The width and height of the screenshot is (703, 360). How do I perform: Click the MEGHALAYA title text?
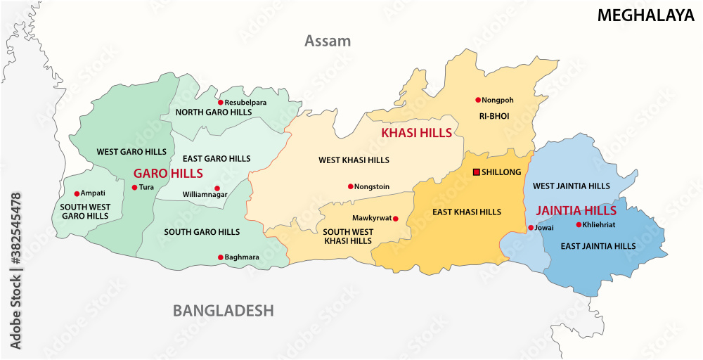tap(645, 15)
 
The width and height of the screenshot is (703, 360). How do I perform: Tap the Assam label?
tap(327, 41)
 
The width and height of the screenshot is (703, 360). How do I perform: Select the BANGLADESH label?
tap(224, 310)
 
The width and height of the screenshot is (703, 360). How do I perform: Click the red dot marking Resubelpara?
tap(220, 103)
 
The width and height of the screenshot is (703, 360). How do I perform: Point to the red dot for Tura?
tap(134, 187)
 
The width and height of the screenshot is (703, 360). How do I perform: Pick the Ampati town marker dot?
tap(77, 193)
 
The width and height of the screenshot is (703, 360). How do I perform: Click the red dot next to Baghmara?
tap(220, 257)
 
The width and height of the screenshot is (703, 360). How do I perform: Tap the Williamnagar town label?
tap(205, 194)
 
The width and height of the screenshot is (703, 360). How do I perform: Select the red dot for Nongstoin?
tap(350, 187)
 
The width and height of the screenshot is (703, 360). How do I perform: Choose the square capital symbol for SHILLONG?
tap(476, 172)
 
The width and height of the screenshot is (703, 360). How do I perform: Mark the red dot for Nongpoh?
tap(477, 100)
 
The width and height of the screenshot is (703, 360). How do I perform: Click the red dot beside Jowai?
tap(530, 228)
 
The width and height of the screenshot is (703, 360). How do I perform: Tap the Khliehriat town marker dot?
tap(579, 225)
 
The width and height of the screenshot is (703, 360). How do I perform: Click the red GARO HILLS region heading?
tap(168, 173)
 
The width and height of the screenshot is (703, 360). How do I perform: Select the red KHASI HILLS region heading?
tap(416, 132)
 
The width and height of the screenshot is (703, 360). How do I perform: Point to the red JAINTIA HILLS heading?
tap(576, 210)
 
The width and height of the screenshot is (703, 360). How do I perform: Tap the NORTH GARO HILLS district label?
tap(213, 112)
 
